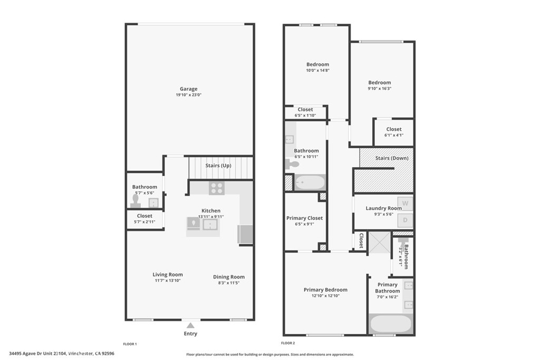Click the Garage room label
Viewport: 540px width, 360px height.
click(188, 89)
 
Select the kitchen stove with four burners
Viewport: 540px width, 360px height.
click(216, 188)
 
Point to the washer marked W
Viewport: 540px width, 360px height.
click(405, 203)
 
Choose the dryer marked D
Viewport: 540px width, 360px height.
click(405, 220)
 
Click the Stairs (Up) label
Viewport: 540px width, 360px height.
click(218, 166)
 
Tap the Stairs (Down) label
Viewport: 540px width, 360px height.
click(391, 158)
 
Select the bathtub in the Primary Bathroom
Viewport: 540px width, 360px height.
click(390, 324)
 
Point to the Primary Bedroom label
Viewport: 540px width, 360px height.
click(325, 289)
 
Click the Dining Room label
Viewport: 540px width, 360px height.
click(229, 277)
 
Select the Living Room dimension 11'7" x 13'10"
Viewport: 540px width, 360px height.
click(168, 281)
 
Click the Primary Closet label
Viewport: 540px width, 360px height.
click(304, 218)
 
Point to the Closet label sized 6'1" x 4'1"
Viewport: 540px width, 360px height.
click(393, 129)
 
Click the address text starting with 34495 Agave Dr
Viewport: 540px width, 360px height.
click(62, 354)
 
